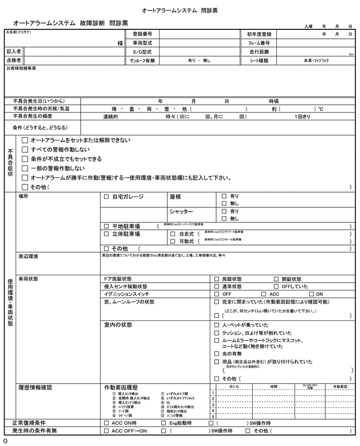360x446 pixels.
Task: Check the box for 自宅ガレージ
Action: (x=107, y=197)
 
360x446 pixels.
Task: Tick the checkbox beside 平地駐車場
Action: (x=107, y=226)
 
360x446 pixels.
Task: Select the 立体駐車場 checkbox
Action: (x=107, y=234)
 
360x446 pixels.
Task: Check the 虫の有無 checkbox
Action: (x=217, y=353)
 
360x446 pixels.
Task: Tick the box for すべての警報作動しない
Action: (x=25, y=150)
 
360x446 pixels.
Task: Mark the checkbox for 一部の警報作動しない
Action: (x=25, y=169)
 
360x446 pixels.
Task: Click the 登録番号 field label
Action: (x=142, y=34)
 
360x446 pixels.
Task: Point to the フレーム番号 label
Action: (x=258, y=43)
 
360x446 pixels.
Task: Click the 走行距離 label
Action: (x=258, y=52)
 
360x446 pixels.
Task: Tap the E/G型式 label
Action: (x=142, y=52)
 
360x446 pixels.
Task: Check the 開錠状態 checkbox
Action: (x=276, y=279)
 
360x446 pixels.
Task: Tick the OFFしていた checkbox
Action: (x=276, y=287)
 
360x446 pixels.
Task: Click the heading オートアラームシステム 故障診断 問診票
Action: (x=70, y=23)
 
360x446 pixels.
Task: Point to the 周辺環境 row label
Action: (x=28, y=257)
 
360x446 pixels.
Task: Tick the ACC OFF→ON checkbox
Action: (x=107, y=431)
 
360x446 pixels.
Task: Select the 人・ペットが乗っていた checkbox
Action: (x=217, y=325)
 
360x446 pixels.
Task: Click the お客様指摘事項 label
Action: (x=21, y=69)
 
